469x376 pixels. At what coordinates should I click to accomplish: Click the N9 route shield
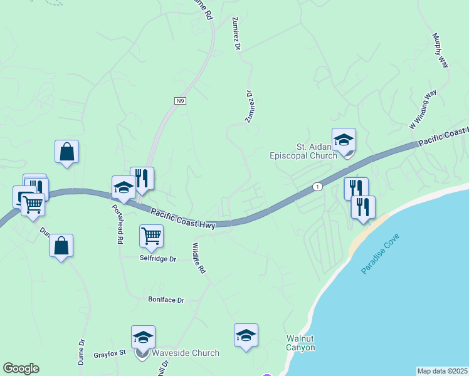180,100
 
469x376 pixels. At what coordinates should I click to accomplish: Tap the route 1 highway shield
318,187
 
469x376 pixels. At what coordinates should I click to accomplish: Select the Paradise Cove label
380,253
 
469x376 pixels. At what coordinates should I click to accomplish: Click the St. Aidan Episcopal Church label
303,151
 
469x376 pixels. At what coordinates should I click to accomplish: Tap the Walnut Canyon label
301,342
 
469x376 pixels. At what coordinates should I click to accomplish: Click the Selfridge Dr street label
158,258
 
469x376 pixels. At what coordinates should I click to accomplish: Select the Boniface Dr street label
166,300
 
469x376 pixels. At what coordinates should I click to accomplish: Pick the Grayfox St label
110,354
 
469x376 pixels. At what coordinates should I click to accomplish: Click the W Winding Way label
423,110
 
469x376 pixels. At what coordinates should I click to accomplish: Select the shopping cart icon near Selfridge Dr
151,237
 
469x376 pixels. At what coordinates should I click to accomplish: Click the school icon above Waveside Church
143,337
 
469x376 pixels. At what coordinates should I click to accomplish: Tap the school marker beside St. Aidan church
344,140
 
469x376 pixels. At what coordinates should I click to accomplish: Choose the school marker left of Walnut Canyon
246,335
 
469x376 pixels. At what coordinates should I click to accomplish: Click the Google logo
21,368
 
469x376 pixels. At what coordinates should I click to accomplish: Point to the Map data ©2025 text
443,371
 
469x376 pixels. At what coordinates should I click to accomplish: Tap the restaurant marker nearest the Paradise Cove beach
363,207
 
